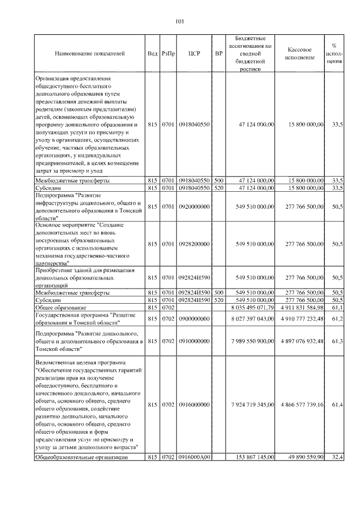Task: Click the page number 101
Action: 180,22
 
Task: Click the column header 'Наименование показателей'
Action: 89,53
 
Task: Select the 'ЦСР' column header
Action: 194,53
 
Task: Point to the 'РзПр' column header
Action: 168,53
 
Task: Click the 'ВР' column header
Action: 219,53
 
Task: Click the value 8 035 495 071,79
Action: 252,308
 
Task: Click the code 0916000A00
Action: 194,457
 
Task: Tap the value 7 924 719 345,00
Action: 253,404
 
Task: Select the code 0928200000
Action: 194,244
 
